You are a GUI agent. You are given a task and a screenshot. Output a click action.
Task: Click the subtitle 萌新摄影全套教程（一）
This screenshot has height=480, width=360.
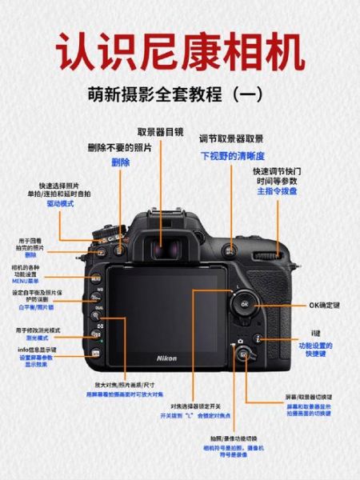[179, 94]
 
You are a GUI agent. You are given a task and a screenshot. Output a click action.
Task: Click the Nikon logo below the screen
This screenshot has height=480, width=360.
[166, 357]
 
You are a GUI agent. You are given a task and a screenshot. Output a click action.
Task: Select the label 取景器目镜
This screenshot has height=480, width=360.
[160, 133]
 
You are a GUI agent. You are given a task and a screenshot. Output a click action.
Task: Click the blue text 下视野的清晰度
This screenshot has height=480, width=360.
[232, 155]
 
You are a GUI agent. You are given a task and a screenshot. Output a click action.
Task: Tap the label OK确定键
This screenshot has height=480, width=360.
[324, 305]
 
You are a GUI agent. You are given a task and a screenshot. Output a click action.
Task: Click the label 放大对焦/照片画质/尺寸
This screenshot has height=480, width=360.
[126, 385]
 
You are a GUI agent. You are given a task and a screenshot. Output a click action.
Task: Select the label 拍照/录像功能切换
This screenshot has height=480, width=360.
[234, 438]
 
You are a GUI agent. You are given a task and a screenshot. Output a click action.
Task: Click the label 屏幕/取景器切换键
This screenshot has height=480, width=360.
[308, 397]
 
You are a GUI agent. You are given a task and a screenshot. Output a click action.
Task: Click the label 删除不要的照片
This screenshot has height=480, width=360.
[120, 148]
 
